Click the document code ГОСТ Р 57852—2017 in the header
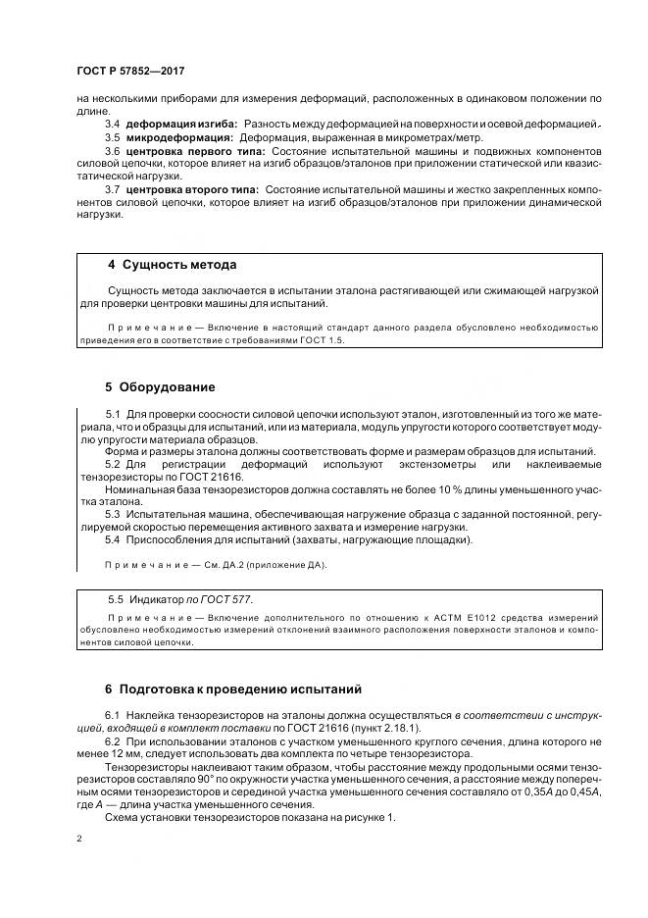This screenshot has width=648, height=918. pos(129,72)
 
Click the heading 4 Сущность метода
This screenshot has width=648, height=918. pos(172,265)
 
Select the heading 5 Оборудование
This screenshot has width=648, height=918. pos(160,386)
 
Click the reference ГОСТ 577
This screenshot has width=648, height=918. pos(241,598)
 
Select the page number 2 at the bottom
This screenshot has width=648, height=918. pos(77,841)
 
